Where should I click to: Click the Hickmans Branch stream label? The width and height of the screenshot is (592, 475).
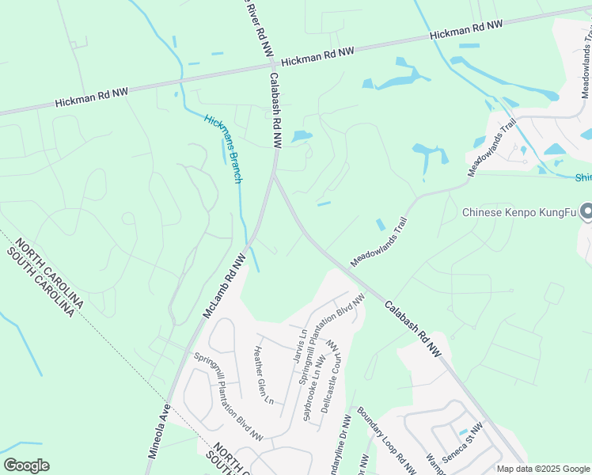click(222, 149)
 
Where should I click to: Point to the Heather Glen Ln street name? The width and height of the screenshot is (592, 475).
click(264, 374)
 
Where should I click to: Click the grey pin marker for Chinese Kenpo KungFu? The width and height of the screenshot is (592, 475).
click(586, 211)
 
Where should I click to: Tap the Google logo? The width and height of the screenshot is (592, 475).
click(26, 465)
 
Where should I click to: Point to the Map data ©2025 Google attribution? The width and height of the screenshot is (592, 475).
click(543, 469)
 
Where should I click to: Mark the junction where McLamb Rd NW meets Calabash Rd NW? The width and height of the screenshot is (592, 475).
click(274, 176)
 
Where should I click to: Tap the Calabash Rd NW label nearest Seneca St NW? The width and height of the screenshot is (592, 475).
click(412, 328)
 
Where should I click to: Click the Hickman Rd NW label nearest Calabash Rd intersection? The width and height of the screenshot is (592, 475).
click(317, 55)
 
